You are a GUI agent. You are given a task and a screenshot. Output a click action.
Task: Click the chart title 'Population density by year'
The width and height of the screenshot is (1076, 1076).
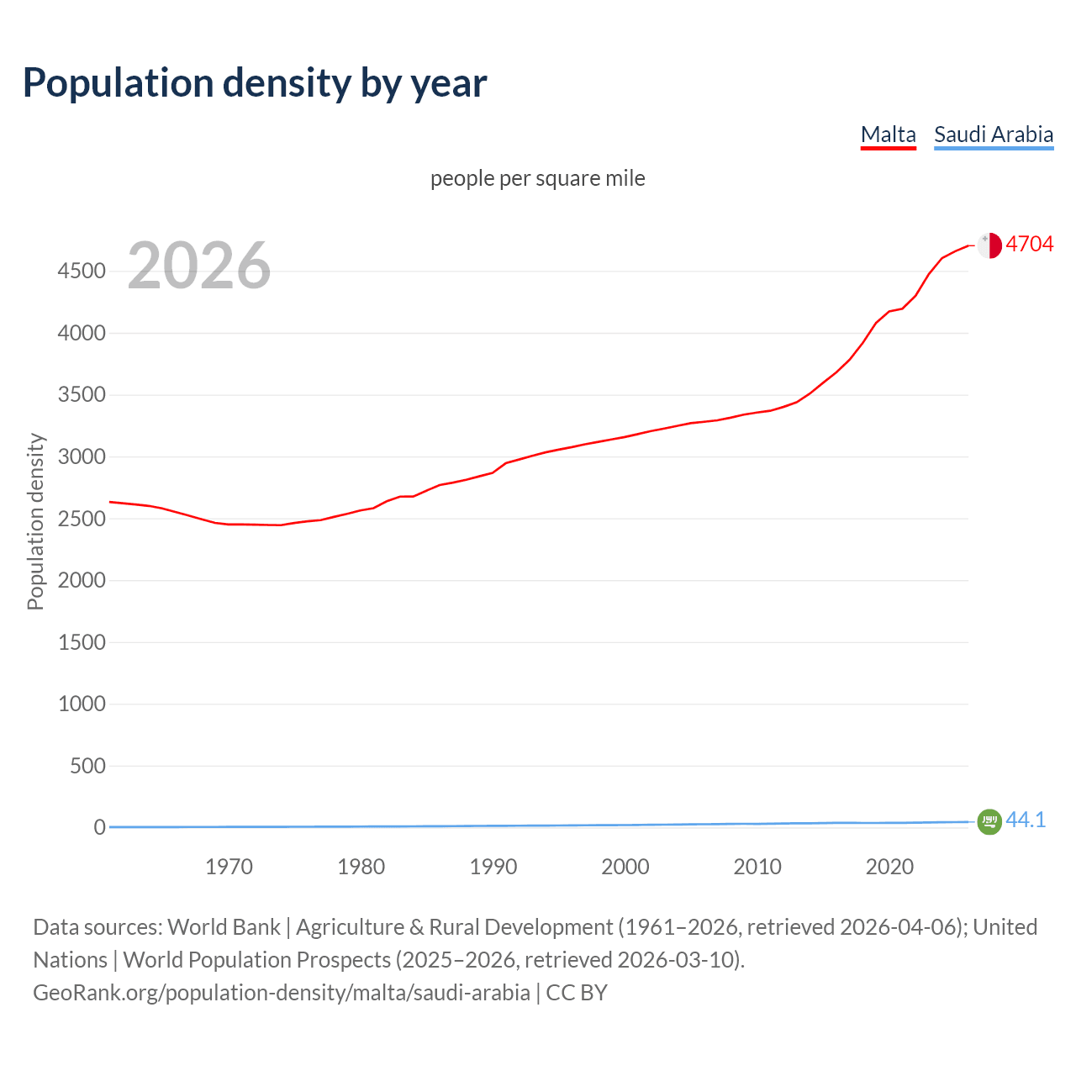coord(255,83)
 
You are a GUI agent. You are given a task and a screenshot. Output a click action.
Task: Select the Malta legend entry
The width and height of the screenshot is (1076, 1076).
coord(888,134)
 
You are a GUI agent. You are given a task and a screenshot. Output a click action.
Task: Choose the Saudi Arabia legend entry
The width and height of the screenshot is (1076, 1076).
coord(994,134)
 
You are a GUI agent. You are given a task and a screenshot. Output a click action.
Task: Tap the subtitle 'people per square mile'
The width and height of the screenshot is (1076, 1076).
coord(537,179)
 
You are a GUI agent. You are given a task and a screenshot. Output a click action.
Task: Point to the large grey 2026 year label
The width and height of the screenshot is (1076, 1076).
coord(199,266)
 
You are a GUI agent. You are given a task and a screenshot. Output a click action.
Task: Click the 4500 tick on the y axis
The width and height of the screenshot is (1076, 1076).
coord(82,272)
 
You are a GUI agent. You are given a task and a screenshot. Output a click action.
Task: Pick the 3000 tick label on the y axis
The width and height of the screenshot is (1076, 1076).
coord(82,457)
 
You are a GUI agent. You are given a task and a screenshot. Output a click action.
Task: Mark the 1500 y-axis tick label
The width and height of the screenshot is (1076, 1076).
coord(82,643)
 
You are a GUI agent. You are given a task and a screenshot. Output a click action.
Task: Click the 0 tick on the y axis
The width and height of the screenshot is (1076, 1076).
coord(99,828)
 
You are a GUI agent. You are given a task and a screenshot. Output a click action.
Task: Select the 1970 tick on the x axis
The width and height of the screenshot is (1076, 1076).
coord(229,867)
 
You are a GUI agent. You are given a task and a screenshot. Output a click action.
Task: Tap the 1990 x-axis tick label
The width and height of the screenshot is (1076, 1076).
coord(493,867)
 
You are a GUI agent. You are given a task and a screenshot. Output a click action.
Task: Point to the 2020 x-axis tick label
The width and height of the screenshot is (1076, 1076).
coord(889,867)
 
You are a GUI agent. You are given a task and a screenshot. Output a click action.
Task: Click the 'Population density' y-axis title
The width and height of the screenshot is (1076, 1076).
coord(35,521)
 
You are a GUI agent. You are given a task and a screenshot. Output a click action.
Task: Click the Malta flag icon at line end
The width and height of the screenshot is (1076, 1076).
coord(989,245)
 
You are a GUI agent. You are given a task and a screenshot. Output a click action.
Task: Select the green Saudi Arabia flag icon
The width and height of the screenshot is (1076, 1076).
coord(989,821)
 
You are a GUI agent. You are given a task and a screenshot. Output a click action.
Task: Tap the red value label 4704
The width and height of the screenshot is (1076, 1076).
coord(1029,245)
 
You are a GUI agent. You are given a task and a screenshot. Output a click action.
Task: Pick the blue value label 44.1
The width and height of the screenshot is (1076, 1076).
coord(1026,820)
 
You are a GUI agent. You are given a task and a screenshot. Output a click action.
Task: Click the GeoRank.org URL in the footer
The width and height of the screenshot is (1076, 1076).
coord(282,993)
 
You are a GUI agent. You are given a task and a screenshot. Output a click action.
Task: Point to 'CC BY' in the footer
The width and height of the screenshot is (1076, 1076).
coord(577,993)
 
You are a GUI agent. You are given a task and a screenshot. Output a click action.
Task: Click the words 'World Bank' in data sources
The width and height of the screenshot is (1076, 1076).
coord(224,927)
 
